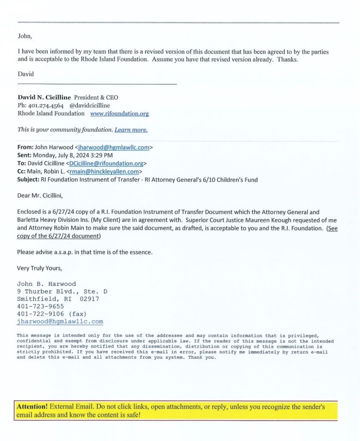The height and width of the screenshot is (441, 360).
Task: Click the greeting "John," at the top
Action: pos(25,36)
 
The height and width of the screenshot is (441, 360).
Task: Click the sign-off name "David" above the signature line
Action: pos(25,74)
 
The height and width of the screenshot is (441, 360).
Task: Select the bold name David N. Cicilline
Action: pos(45,97)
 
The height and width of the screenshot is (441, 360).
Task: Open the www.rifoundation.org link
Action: pos(119,114)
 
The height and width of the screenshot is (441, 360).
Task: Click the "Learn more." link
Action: pos(131,130)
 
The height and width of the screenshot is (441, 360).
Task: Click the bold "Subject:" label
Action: pos(28,180)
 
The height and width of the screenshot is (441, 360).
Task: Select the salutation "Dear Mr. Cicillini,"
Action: pos(40,196)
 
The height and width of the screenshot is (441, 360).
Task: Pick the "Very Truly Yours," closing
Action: pos(39,268)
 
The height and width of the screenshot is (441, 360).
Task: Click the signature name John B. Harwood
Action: pos(46,284)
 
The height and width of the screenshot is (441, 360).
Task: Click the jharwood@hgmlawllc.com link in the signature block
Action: pos(60,322)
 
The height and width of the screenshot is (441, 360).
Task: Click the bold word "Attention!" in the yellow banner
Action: pos(32,407)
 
